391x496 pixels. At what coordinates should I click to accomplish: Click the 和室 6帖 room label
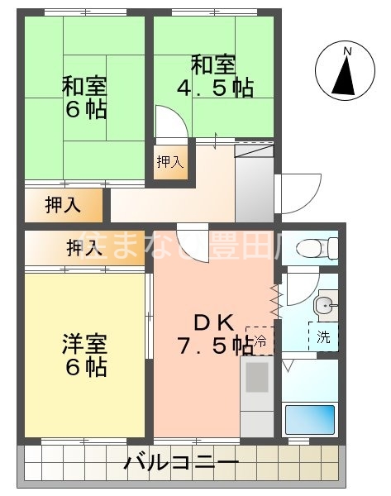pyautogui.click(x=84, y=98)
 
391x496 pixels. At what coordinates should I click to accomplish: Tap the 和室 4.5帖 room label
pyautogui.click(x=212, y=75)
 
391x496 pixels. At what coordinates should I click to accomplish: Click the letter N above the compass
pyautogui.click(x=347, y=52)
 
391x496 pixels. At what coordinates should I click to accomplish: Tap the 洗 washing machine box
pyautogui.click(x=322, y=337)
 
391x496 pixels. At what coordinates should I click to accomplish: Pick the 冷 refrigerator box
pyautogui.click(x=260, y=340)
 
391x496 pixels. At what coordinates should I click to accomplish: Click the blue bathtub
pyautogui.click(x=309, y=420)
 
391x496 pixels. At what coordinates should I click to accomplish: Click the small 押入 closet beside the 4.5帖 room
pyautogui.click(x=169, y=161)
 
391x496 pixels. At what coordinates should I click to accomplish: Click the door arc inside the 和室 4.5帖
pyautogui.click(x=169, y=126)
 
